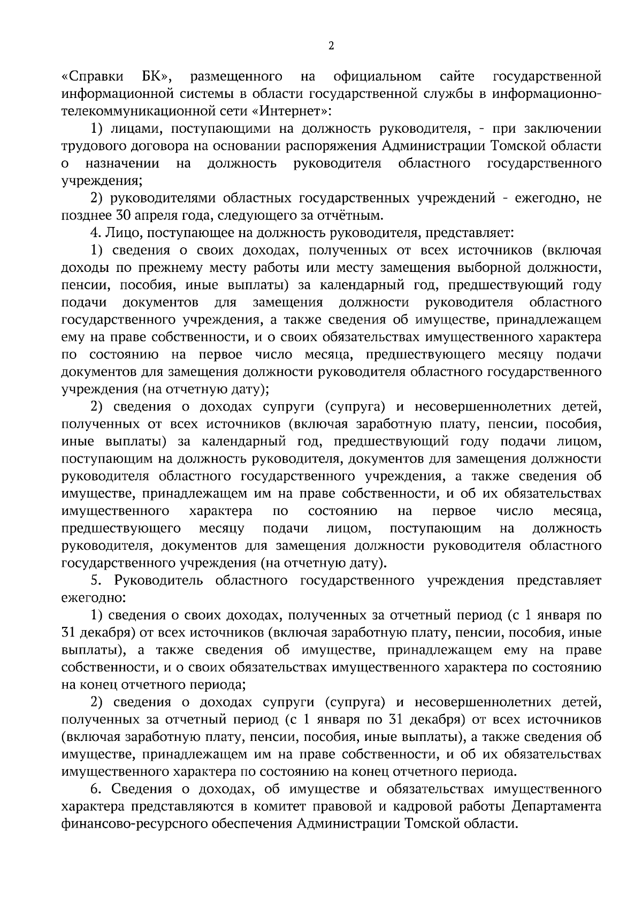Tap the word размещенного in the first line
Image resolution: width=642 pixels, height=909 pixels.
pyautogui.click(x=236, y=77)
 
